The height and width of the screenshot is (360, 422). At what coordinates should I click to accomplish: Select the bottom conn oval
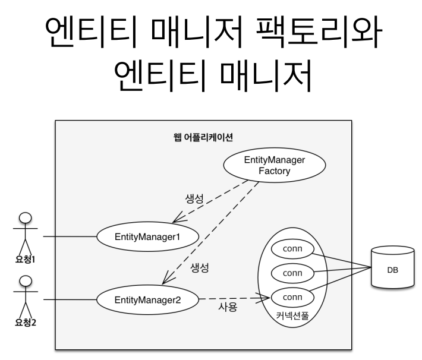tap(292, 296)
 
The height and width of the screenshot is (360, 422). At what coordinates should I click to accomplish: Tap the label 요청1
tap(25, 260)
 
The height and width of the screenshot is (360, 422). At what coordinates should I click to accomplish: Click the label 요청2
tap(25, 324)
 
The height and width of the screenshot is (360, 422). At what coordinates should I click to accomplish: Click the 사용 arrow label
tap(228, 307)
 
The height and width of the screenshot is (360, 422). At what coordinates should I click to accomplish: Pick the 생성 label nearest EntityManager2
tap(199, 267)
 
